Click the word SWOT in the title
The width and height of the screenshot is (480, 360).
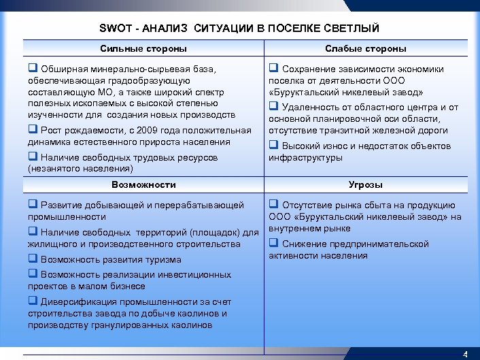tap(113, 29)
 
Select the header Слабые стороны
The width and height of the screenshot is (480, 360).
tap(365, 48)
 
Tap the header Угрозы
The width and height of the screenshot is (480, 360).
tap(365, 184)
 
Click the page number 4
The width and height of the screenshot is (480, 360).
tap(465, 354)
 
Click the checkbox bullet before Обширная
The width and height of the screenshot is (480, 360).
tap(32, 69)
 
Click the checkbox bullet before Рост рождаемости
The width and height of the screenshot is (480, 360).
tap(32, 131)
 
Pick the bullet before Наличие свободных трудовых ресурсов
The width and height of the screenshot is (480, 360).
tap(32, 157)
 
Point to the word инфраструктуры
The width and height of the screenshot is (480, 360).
tap(305, 158)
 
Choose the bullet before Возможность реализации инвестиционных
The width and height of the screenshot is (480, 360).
tap(32, 274)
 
